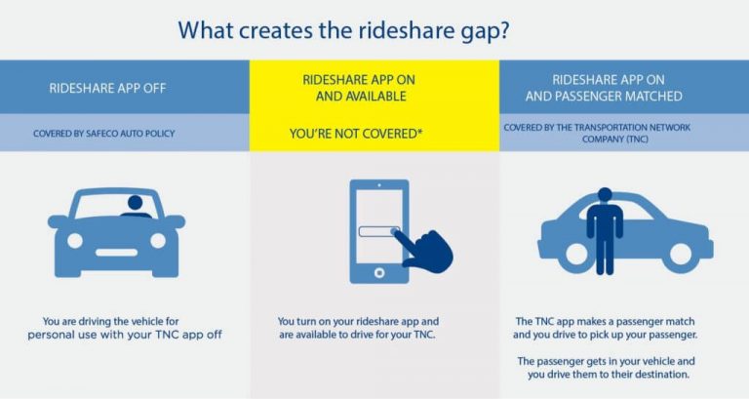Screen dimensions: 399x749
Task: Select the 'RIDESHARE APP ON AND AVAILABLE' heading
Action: coord(374,89)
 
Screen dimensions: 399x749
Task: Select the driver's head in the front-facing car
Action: coord(134,204)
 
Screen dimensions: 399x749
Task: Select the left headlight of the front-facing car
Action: coord(74,239)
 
